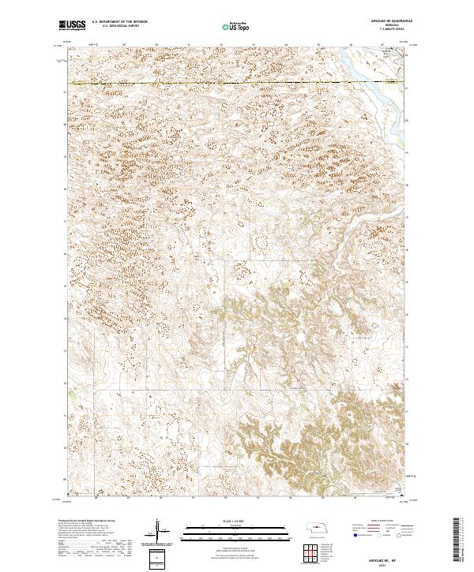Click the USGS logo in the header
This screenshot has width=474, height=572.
pos(72,25)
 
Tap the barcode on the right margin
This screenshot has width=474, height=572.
pos(457,540)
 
